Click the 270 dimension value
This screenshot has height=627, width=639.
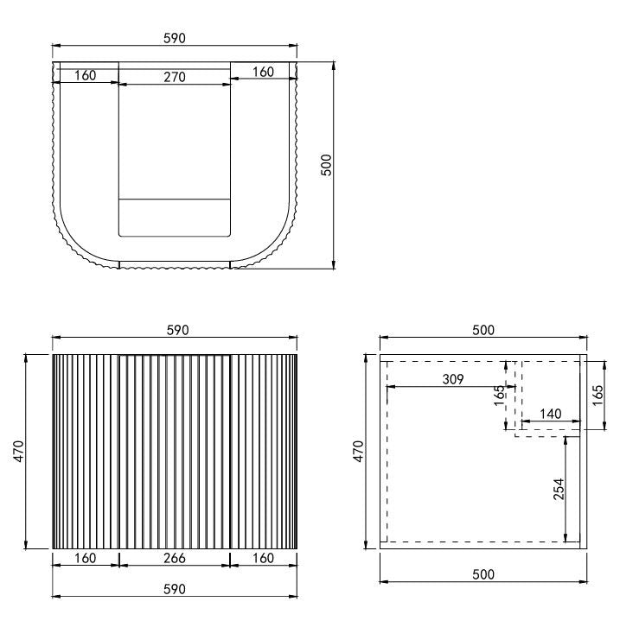175,77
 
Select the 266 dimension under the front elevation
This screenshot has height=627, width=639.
175,559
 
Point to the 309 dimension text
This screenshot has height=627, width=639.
451,379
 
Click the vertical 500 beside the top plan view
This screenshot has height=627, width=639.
326,164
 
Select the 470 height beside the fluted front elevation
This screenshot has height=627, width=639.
19,451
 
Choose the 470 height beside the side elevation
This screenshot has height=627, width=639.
360,451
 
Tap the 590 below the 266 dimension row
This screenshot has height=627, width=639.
175,589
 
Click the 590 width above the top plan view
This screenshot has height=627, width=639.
175,38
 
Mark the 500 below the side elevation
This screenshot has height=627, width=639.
482,573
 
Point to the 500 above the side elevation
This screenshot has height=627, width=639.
482,330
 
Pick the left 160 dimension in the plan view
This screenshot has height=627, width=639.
85,75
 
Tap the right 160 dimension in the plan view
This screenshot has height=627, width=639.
263,72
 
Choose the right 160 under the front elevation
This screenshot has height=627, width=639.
263,559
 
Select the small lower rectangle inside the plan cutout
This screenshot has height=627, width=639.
175,218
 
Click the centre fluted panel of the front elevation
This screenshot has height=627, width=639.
175,451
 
